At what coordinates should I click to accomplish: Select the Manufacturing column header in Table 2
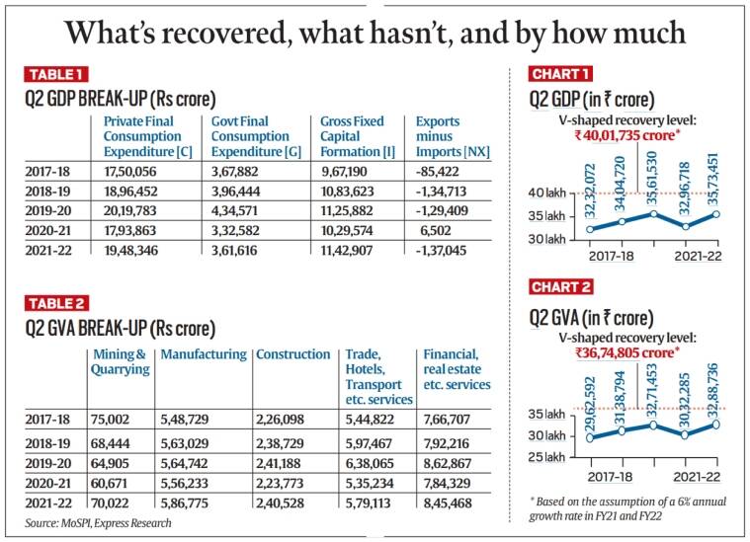[x=204, y=354]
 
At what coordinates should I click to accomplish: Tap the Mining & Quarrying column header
[x=119, y=361]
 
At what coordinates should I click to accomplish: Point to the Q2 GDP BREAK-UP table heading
[x=121, y=99]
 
